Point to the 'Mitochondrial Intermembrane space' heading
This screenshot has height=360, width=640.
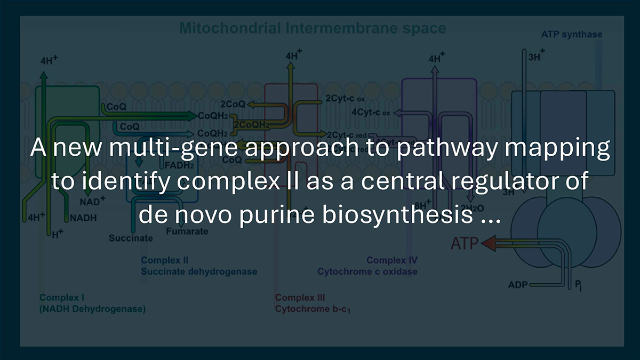(312, 28)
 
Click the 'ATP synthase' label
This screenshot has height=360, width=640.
(571, 35)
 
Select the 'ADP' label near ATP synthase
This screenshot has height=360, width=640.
(517, 285)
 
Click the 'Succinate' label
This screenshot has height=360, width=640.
(131, 238)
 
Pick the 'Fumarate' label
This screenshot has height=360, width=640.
(187, 232)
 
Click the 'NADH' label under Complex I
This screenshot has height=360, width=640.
(83, 218)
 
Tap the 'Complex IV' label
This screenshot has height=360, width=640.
(392, 261)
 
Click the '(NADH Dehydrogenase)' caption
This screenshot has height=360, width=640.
(92, 309)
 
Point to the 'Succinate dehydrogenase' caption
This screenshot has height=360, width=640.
(199, 271)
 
